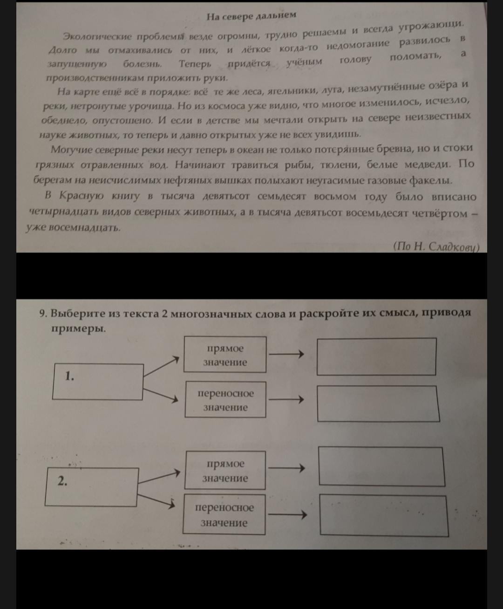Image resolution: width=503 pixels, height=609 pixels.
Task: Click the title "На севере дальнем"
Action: click(251, 15)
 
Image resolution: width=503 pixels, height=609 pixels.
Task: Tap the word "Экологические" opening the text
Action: click(97, 36)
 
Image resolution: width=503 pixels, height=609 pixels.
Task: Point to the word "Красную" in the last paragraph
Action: click(81, 195)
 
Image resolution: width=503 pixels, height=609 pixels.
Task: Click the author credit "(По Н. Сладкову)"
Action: click(436, 247)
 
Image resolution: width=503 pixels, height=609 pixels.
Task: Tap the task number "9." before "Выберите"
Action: click(43, 314)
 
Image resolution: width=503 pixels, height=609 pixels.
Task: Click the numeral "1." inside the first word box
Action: click(70, 376)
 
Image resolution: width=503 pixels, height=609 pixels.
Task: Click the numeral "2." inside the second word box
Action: click(62, 481)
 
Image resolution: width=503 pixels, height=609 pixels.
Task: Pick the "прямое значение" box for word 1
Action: click(225, 355)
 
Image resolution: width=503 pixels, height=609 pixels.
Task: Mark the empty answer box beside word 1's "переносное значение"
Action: click(379, 404)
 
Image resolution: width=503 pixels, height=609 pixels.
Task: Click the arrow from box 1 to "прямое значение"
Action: click(161, 367)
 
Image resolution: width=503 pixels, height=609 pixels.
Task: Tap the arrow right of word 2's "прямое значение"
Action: click(286, 468)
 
